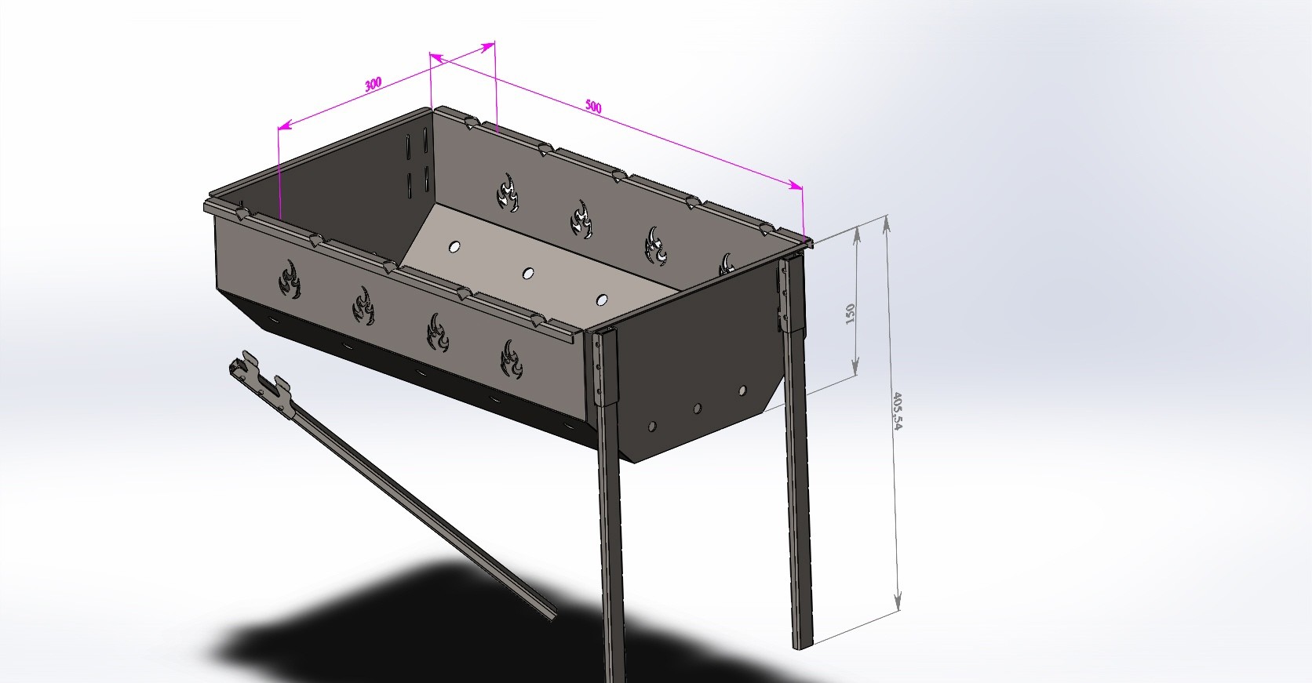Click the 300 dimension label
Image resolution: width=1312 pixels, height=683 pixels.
pyautogui.click(x=373, y=84)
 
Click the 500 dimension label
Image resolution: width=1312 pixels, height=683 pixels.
pyautogui.click(x=593, y=107)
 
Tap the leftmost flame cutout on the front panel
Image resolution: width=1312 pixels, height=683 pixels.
pyautogui.click(x=290, y=278)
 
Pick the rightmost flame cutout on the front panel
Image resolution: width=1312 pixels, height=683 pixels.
pyautogui.click(x=512, y=359)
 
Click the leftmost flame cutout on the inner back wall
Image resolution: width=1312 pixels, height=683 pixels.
pyautogui.click(x=508, y=193)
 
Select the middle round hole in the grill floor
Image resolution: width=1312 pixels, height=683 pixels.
pyautogui.click(x=528, y=273)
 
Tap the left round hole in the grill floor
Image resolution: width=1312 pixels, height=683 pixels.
pyautogui.click(x=454, y=247)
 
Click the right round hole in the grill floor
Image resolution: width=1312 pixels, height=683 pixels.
pyautogui.click(x=602, y=300)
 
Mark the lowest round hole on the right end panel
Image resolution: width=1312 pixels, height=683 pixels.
pyautogui.click(x=653, y=426)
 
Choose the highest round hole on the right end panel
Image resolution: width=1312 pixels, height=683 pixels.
pyautogui.click(x=742, y=391)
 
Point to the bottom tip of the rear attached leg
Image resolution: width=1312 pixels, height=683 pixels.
pyautogui.click(x=804, y=645)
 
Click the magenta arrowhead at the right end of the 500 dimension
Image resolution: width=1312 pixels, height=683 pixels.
pyautogui.click(x=796, y=186)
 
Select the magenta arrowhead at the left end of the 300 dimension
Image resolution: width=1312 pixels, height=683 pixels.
pyautogui.click(x=286, y=125)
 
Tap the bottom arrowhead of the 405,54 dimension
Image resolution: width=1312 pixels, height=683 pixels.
pyautogui.click(x=897, y=603)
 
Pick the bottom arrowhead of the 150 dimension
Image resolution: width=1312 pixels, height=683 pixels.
pyautogui.click(x=855, y=366)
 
